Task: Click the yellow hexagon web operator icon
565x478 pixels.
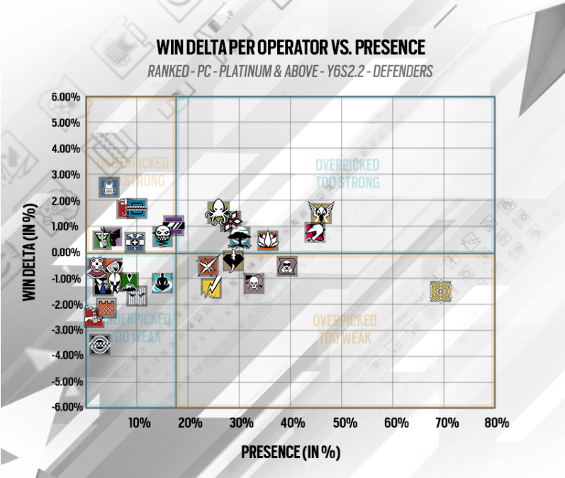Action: point(440,291)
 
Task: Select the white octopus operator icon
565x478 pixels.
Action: point(218,211)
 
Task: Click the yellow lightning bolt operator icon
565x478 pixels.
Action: point(212,288)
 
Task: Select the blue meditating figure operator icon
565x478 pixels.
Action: point(162,283)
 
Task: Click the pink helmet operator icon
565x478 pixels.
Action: point(315,232)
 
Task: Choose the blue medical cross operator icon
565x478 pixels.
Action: point(135,241)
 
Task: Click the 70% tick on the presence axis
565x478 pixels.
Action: point(445,423)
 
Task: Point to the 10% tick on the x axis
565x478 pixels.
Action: point(138,423)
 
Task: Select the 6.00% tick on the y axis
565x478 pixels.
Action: point(65,97)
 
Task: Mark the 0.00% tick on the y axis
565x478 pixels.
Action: point(65,252)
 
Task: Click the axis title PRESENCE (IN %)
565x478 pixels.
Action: point(291,451)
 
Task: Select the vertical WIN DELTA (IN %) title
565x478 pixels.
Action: point(29,252)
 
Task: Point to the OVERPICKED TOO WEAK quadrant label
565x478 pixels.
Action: point(345,329)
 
